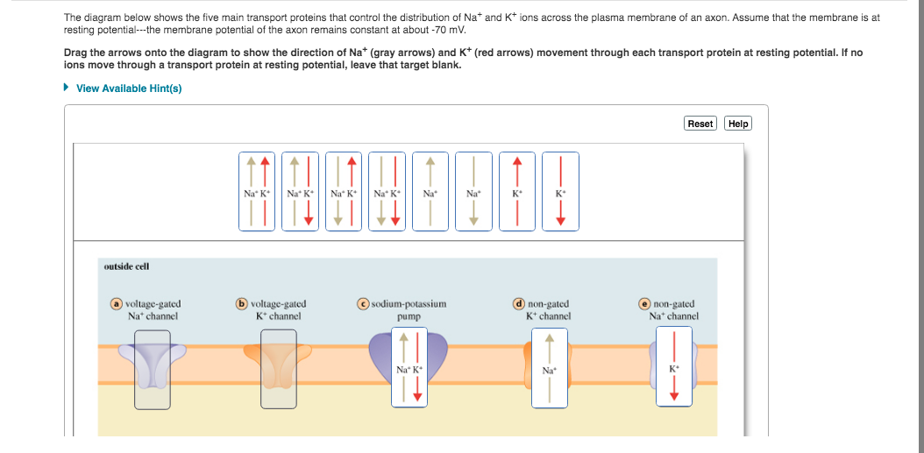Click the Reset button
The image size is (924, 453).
700,124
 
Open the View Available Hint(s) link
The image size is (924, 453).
129,88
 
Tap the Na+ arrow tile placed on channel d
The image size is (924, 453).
550,368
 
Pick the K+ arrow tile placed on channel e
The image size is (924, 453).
673,368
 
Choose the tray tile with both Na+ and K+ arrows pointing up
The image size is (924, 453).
259,191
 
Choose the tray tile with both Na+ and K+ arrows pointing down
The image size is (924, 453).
387,191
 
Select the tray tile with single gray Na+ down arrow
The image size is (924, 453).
473,191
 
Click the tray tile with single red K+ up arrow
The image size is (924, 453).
517,191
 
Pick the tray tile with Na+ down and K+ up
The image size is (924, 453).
345,191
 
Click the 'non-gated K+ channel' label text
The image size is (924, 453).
548,310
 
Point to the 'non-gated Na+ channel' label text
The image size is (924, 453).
673,310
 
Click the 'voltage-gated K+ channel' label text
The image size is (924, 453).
278,310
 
